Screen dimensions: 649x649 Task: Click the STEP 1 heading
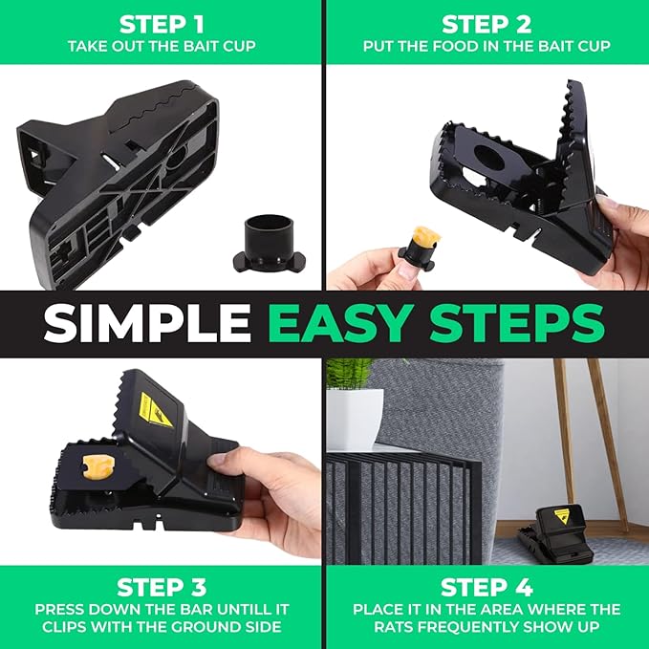162,25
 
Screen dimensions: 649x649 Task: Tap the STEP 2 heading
487,25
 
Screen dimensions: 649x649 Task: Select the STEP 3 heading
162,587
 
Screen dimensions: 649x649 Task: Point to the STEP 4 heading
487,587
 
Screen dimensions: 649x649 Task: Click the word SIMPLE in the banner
147,324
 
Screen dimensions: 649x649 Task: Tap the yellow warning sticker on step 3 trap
156,410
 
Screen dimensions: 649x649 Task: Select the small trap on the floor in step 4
555,533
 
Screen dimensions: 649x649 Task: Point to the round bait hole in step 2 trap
488,158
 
